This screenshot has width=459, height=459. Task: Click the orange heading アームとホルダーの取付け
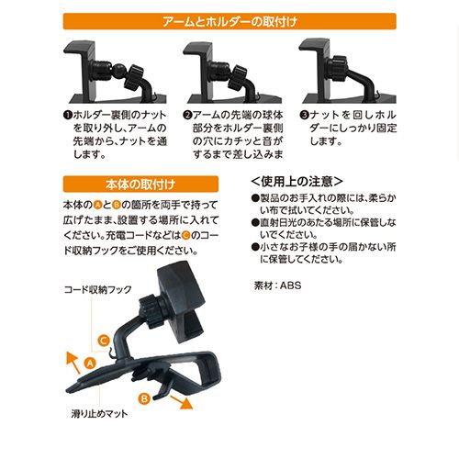229,21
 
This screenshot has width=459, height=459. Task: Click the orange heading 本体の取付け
140,185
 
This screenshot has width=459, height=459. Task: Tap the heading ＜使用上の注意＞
297,182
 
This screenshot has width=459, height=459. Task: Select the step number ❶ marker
67,116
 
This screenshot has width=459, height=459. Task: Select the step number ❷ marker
187,116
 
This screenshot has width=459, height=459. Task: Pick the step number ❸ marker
304,116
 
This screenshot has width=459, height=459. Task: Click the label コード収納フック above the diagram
98,289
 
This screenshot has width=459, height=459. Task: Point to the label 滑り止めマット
99,414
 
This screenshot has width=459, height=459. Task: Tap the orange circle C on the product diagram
104,341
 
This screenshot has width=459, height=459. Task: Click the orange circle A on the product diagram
90,364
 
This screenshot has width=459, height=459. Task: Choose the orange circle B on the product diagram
144,398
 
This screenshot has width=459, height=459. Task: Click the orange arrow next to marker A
73,362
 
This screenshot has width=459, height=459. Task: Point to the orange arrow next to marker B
182,402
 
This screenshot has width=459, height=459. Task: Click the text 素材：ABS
277,285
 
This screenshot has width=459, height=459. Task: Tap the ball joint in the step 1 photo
118,71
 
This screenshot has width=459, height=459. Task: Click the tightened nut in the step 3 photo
338,69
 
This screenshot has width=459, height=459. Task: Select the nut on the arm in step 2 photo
240,77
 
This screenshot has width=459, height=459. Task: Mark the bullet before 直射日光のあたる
255,222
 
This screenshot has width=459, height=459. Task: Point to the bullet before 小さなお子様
255,247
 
